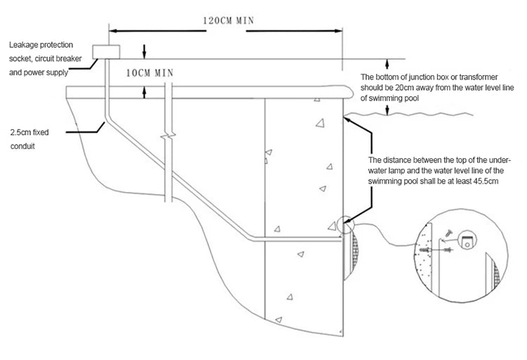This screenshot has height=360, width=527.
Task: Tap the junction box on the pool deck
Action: pyautogui.click(x=107, y=51)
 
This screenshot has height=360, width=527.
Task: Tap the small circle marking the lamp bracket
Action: pyautogui.click(x=346, y=225)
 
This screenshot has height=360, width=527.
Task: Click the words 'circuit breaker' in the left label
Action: pyautogui.click(x=60, y=58)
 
